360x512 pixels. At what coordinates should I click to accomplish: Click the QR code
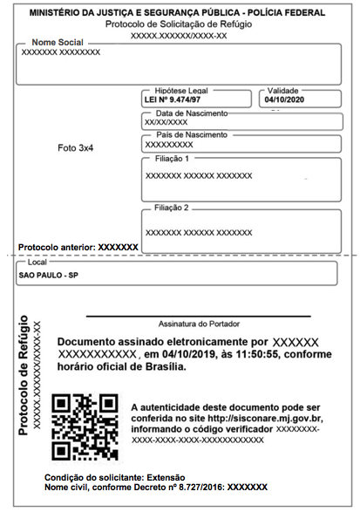coord(85,427)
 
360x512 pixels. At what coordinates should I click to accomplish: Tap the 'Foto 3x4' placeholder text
coord(75,148)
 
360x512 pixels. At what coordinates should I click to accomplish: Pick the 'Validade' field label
coord(283,91)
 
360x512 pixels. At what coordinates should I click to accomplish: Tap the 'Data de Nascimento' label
coord(191,113)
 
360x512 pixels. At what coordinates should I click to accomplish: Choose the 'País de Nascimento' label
coord(191,135)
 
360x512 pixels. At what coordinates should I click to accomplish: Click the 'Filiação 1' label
coord(172,159)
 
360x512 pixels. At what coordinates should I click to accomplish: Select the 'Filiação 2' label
coord(172,208)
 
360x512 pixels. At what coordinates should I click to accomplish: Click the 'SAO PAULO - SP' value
coord(49,275)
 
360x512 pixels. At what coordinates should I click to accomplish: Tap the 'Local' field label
coord(37,262)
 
